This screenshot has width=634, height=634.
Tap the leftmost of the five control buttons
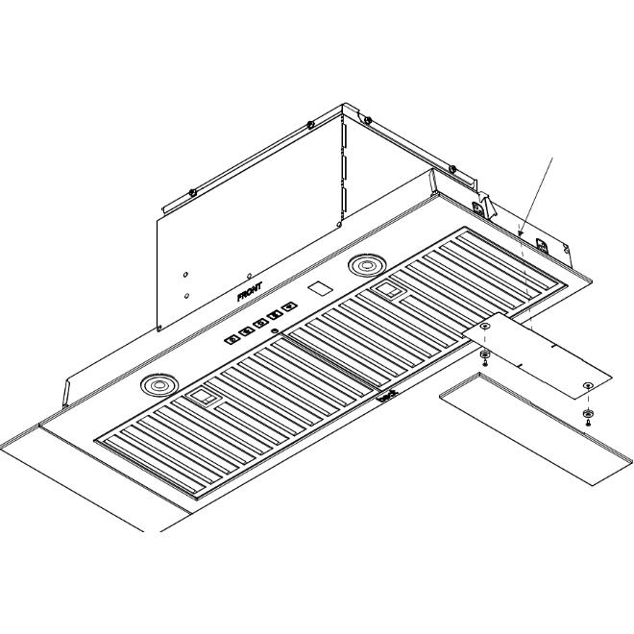click(232, 338)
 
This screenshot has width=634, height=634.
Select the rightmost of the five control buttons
click(290, 307)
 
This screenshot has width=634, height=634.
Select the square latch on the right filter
click(389, 288)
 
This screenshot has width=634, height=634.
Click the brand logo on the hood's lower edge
click(386, 395)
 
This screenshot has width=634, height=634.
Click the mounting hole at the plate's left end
click(486, 328)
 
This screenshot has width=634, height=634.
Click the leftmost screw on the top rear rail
click(193, 191)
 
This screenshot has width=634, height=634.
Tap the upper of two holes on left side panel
click(185, 274)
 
